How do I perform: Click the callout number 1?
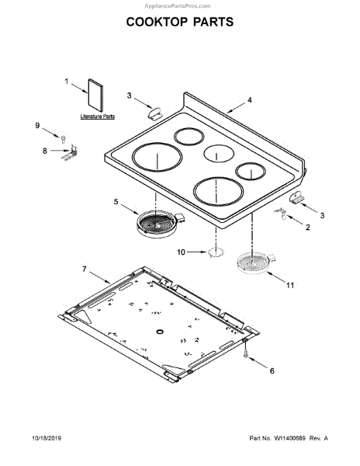pos(67,81)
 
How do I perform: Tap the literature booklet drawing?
pos(95,95)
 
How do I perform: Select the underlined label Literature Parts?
pos(97,116)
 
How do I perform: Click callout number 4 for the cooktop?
pos(250,100)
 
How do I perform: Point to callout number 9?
pos(37,125)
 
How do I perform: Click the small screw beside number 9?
pos(63,139)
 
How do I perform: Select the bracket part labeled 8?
pos(71,152)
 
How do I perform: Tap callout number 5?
pos(116,202)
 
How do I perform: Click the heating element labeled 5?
pos(161,224)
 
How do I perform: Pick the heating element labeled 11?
pos(256,262)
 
